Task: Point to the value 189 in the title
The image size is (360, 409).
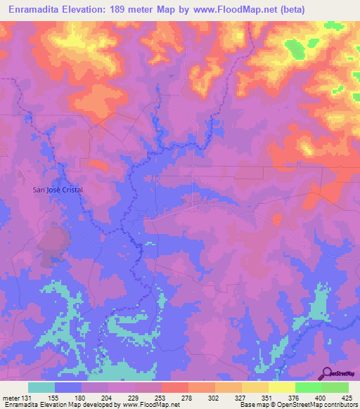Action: click(x=133, y=10)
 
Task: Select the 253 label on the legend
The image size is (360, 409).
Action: click(x=166, y=397)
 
